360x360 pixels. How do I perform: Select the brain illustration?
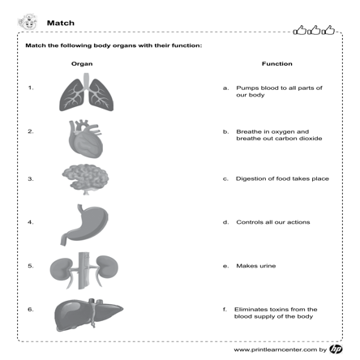click(84, 178)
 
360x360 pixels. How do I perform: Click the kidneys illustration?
click(84, 268)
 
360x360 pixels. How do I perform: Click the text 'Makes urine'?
click(255, 265)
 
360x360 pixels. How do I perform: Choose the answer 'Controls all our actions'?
click(272, 221)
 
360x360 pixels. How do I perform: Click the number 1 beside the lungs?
click(30, 87)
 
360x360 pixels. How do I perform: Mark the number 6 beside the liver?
click(30, 309)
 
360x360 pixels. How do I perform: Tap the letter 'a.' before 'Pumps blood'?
click(225, 87)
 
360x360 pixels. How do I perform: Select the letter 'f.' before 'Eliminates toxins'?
click(224, 309)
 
